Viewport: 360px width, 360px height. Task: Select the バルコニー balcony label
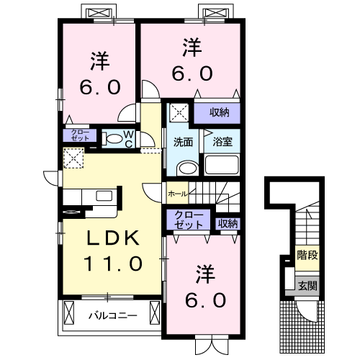tap(108, 315)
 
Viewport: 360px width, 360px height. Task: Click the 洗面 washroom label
tap(183, 142)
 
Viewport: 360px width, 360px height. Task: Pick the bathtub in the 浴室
tap(222, 164)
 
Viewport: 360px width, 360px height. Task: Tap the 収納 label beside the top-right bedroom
tap(220, 112)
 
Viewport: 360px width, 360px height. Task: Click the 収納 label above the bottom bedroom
tap(228, 223)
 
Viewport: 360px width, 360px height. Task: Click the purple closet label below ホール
tap(189, 220)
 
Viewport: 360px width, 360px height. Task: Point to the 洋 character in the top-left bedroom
tap(99, 60)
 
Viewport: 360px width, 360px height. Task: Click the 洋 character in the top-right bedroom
tap(191, 48)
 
